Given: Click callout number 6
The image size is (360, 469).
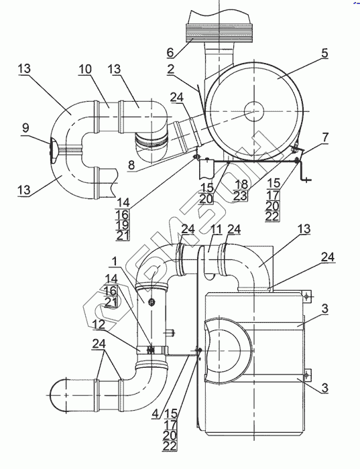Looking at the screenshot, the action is (x=170, y=52).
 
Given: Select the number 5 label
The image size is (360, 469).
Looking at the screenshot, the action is (x=324, y=53).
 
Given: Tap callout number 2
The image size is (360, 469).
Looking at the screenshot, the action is (x=170, y=69).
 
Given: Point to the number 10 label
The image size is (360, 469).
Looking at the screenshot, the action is (x=85, y=69).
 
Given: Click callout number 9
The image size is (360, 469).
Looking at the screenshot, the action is (x=25, y=128).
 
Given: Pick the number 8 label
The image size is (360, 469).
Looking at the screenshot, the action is (x=131, y=165).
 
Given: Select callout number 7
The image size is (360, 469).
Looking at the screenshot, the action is (x=325, y=137).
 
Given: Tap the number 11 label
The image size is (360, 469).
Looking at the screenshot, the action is (x=216, y=229).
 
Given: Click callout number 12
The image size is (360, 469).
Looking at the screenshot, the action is (x=99, y=324).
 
